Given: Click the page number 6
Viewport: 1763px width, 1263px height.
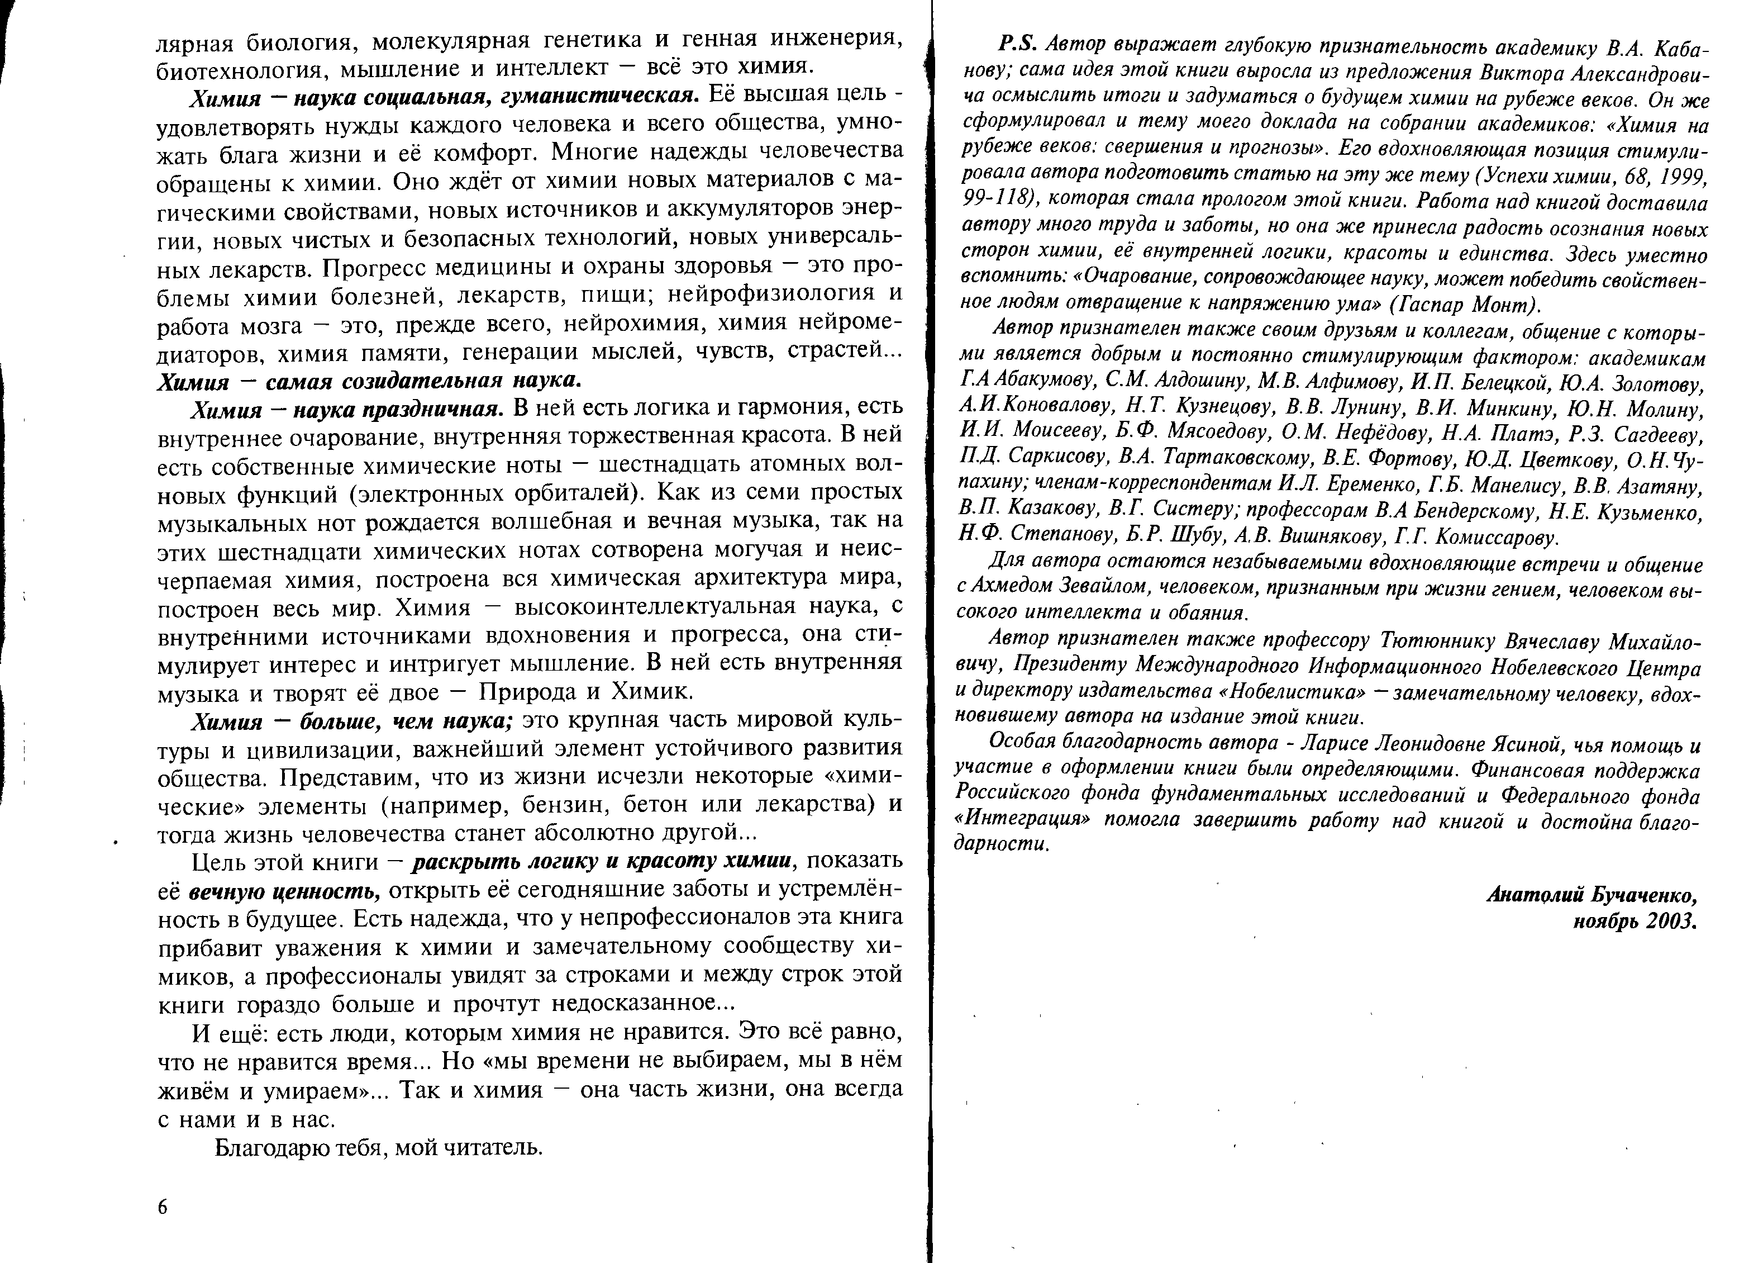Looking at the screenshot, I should [163, 1207].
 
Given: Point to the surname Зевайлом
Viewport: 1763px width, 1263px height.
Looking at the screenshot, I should [1109, 588].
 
